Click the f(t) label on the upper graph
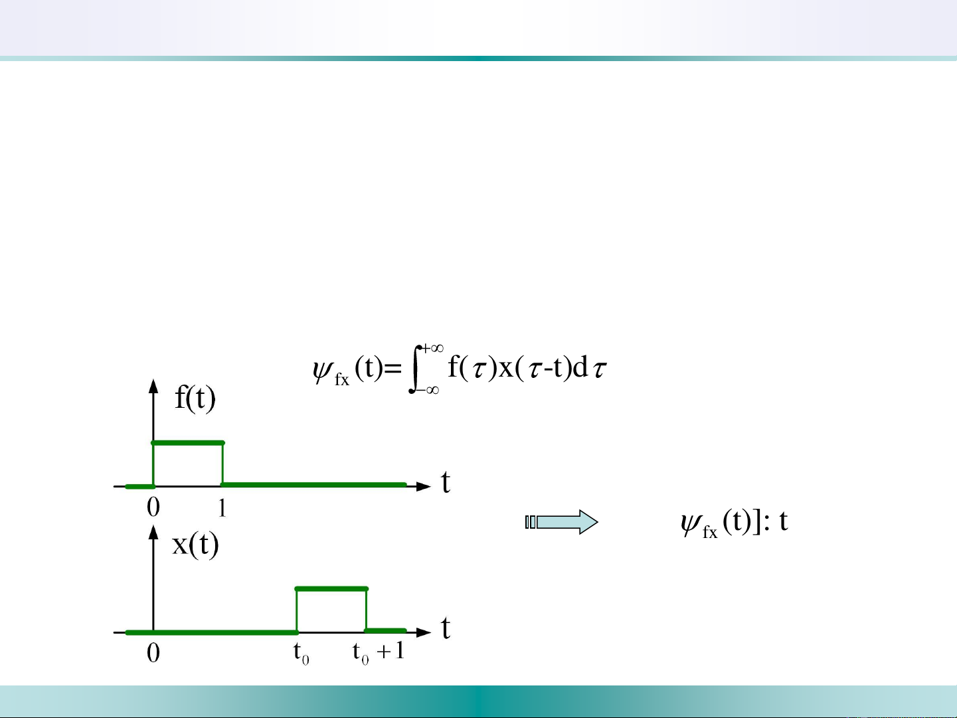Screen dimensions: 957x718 tap(195, 398)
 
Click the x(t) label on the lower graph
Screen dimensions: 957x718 tap(195, 544)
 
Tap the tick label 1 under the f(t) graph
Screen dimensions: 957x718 tap(222, 508)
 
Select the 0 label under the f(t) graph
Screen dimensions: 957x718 tap(153, 507)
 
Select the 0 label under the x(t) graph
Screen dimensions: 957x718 tap(153, 654)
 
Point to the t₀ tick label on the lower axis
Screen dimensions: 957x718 tap(302, 654)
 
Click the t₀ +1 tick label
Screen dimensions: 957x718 tap(379, 653)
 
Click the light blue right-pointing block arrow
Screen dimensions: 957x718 tap(562, 522)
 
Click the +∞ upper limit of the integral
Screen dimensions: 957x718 tap(432, 348)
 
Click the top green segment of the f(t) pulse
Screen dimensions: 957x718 tap(188, 443)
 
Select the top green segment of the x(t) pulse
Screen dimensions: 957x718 tap(332, 589)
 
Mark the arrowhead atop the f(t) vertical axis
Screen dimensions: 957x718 tap(153, 387)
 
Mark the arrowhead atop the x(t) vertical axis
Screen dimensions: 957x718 tap(153, 532)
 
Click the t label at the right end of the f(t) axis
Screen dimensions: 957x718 tap(445, 483)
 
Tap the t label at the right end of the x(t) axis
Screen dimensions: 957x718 tap(445, 628)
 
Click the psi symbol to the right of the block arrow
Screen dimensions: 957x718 tap(691, 523)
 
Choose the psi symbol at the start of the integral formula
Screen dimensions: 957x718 tap(323, 371)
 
